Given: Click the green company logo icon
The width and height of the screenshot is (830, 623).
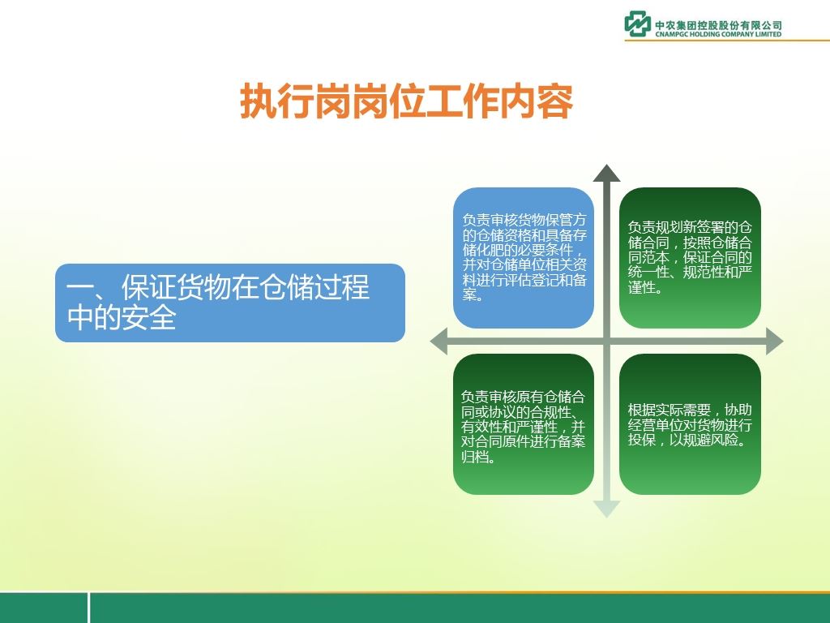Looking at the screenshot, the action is [637, 24].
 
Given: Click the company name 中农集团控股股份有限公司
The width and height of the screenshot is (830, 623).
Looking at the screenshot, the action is [718, 25].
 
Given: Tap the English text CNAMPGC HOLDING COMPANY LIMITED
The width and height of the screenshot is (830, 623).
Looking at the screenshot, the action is [718, 34].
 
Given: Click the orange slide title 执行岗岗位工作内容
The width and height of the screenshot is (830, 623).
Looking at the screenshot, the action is [407, 101].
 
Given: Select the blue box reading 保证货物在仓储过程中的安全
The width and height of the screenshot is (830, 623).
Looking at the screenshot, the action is [229, 303].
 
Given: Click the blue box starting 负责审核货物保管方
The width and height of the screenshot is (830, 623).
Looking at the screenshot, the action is [524, 257].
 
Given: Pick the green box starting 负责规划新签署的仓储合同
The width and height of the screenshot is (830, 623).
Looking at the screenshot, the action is [690, 257].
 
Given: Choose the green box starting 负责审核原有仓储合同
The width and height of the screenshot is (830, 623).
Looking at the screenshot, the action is [524, 424].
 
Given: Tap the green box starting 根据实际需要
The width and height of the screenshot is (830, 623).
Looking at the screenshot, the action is [690, 424].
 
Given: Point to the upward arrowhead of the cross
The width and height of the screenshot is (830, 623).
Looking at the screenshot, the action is [606, 174].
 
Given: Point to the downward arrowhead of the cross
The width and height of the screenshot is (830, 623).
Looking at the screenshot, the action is [606, 509].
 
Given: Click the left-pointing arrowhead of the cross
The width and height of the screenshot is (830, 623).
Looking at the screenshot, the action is [439, 342].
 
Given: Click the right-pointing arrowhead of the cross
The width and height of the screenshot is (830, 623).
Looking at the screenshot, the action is [774, 342].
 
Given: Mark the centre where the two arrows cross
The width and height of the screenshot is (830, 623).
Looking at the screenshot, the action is [606, 342].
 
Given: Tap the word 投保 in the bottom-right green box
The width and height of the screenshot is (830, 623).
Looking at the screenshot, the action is [642, 440].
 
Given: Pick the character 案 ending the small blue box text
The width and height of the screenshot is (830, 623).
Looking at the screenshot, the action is [469, 294].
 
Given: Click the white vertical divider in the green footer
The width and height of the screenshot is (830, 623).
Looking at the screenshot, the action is [88, 608].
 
